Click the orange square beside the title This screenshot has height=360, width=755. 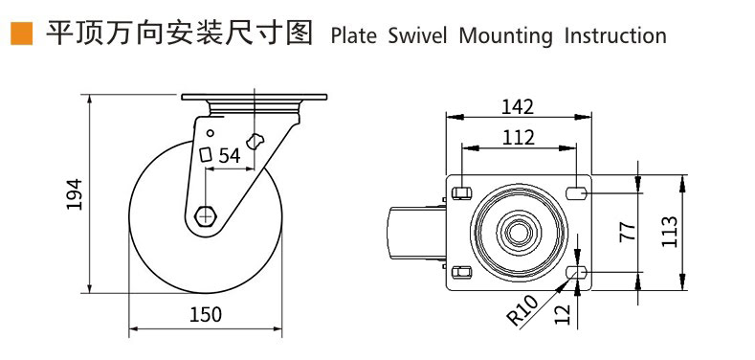pos(22,34)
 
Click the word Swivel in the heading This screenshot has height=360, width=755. pos(417,36)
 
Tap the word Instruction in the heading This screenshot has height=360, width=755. pos(615,36)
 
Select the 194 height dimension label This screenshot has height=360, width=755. pos(75,193)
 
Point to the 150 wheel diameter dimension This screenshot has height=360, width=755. pos(206,314)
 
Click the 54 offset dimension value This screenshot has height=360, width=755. pos(230,156)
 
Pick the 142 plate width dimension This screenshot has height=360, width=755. pos(518,107)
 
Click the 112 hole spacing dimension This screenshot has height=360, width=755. pos(519,138)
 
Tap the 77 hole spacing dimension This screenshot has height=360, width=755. pos(627,232)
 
